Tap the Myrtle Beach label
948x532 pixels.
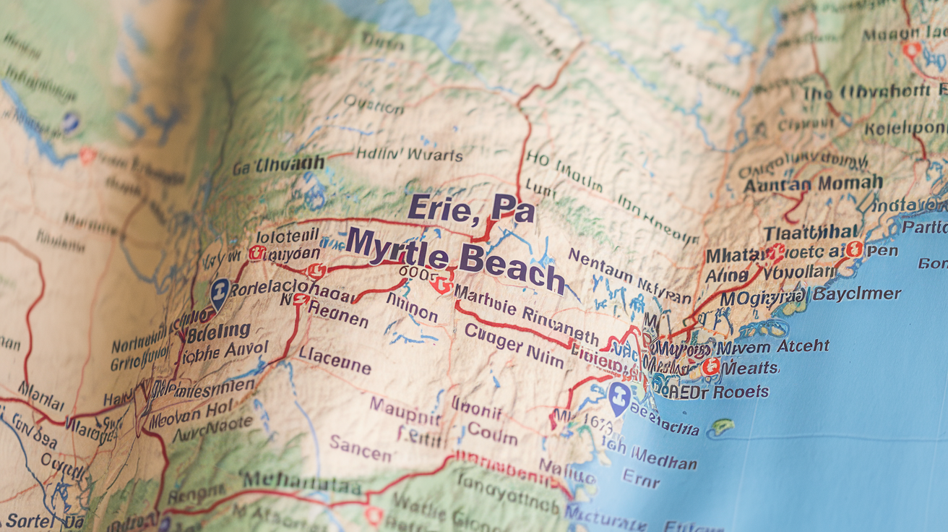click(x=454, y=260)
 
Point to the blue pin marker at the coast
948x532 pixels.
click(x=618, y=398)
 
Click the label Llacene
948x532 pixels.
click(x=335, y=359)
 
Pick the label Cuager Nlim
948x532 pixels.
click(x=513, y=346)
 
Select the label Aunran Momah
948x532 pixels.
click(x=813, y=184)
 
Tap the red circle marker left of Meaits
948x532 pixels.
click(x=711, y=366)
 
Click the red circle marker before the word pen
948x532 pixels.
click(x=855, y=250)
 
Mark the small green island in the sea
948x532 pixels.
click(x=722, y=428)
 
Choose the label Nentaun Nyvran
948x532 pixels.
click(x=629, y=276)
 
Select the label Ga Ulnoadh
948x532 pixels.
click(x=278, y=166)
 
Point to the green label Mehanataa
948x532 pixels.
click(x=302, y=481)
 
